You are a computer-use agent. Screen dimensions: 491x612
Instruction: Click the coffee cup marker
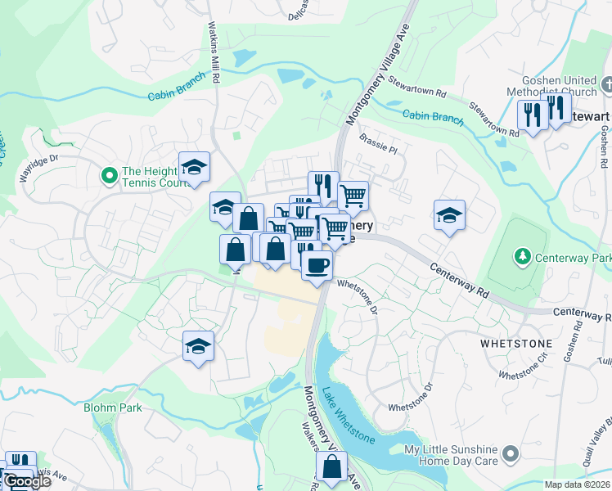[x=317, y=265]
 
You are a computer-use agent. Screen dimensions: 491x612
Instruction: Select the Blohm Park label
[x=113, y=408]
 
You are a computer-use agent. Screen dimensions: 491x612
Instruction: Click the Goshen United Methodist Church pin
[x=606, y=84]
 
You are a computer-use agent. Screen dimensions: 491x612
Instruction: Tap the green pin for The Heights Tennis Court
[x=108, y=175]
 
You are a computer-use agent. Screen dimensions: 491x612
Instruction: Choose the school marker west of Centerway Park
[x=449, y=216]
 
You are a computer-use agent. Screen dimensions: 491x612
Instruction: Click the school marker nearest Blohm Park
[x=198, y=347]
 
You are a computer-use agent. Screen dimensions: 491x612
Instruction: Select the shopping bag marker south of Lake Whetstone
[x=331, y=467]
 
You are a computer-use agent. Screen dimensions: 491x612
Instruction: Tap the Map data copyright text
[x=578, y=484]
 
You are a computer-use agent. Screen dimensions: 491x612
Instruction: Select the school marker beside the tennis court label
[x=194, y=168]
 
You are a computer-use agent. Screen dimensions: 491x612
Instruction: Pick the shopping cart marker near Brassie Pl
[x=353, y=196]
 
